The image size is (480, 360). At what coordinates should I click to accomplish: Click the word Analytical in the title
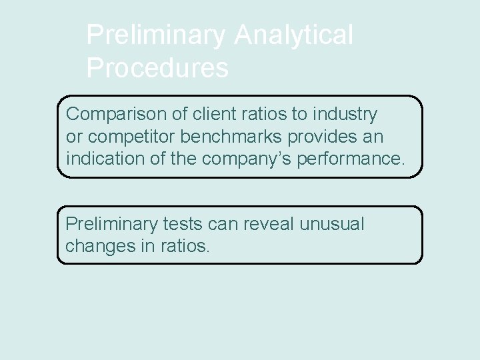click(293, 36)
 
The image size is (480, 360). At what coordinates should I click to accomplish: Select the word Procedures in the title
click(157, 68)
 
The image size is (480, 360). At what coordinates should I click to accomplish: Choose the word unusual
click(333, 225)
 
